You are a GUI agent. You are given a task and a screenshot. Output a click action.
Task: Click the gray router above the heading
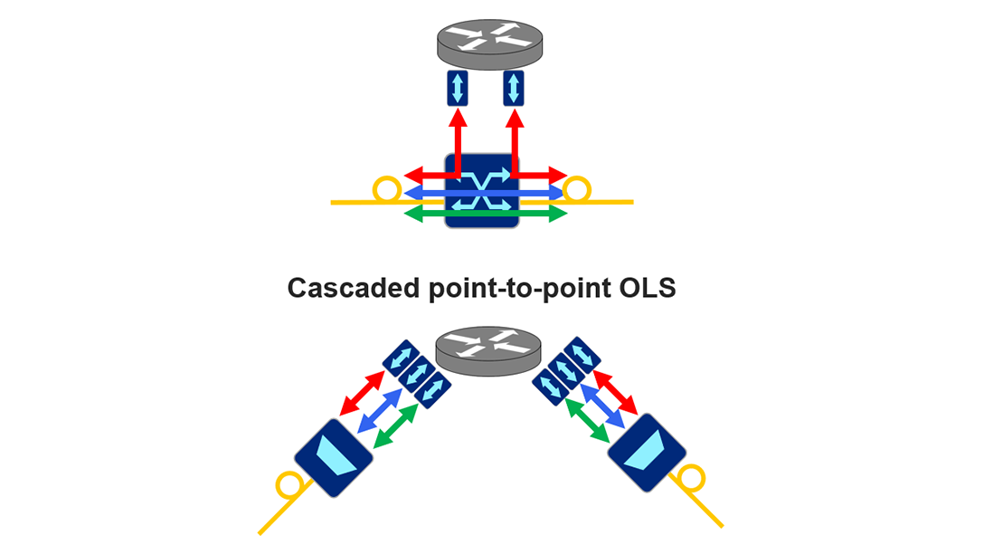click(489, 45)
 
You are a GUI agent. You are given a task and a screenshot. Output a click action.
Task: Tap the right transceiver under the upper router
click(515, 88)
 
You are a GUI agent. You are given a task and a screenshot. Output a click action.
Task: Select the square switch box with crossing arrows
click(482, 190)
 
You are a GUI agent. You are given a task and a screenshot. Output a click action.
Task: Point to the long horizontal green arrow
click(425, 214)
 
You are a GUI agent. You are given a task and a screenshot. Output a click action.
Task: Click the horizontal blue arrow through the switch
click(425, 193)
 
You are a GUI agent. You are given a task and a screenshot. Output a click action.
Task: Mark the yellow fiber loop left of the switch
click(386, 189)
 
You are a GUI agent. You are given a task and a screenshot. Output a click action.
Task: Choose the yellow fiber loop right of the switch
click(577, 189)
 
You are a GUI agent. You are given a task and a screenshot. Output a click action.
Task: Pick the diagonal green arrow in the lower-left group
click(395, 425)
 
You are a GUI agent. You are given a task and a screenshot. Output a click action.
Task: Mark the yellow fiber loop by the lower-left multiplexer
click(290, 486)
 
